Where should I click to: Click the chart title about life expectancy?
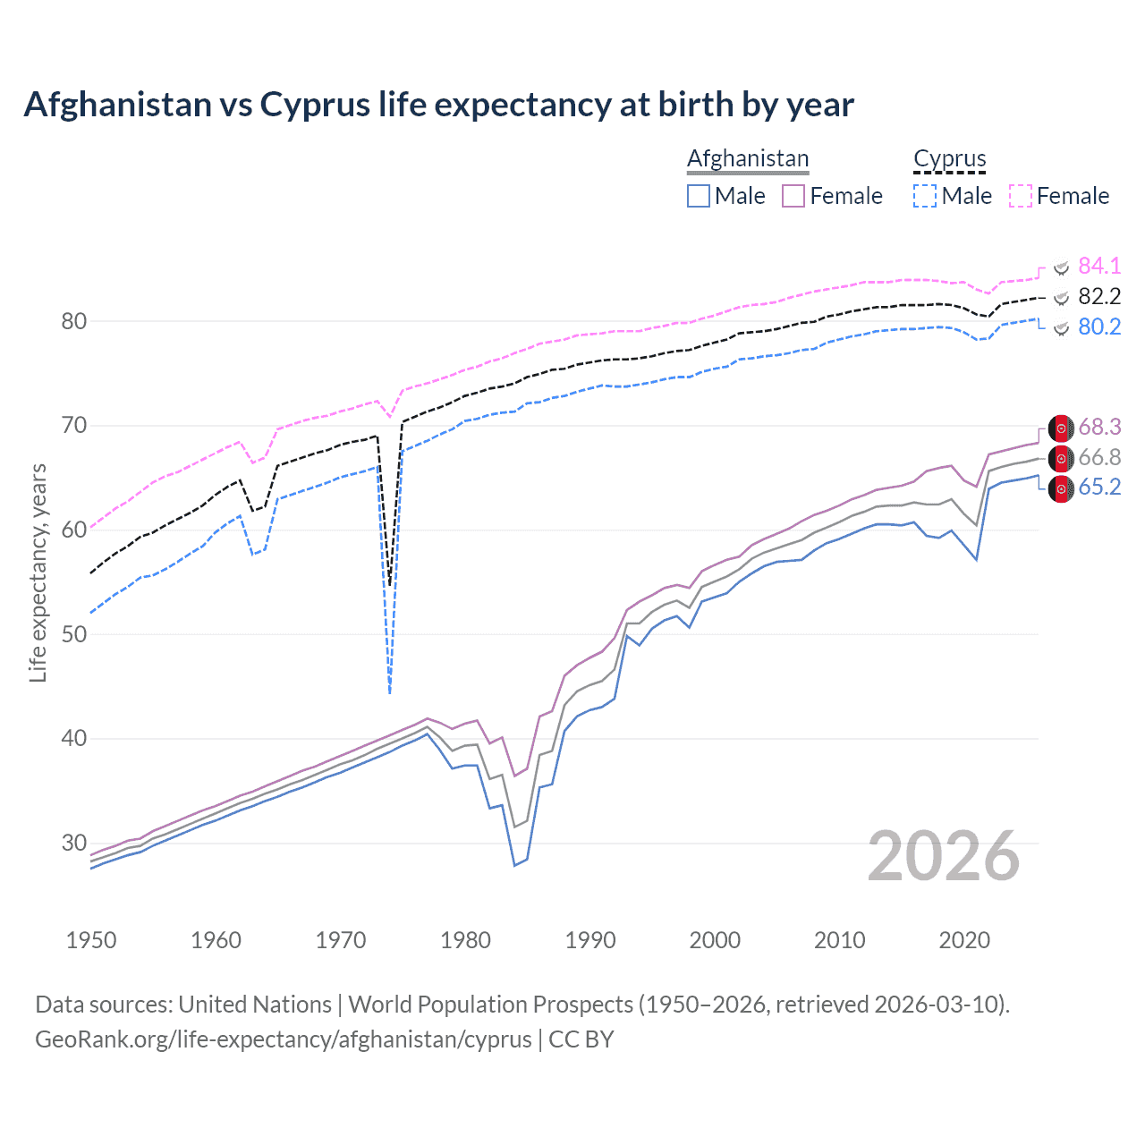pyautogui.click(x=438, y=105)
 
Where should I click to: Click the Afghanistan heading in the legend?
pyautogui.click(x=748, y=158)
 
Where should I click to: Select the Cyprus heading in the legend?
pyautogui.click(x=949, y=158)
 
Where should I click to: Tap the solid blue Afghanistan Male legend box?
pyautogui.click(x=699, y=196)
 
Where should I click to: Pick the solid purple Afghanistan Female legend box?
pyautogui.click(x=793, y=196)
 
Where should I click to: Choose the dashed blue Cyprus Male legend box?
pyautogui.click(x=925, y=196)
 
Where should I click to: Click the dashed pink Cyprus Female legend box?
pyautogui.click(x=1021, y=196)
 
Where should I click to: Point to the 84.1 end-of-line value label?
pyautogui.click(x=1098, y=266)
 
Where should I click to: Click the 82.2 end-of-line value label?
pyautogui.click(x=1098, y=296)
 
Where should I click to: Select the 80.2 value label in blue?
pyautogui.click(x=1098, y=327)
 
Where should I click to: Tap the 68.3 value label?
pyautogui.click(x=1098, y=428)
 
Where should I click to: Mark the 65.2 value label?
pyautogui.click(x=1098, y=487)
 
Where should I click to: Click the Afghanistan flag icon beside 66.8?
pyautogui.click(x=1061, y=458)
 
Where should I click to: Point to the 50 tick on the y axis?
pyautogui.click(x=74, y=634)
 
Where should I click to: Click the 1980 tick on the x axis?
pyautogui.click(x=465, y=940)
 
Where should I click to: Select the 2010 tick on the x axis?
pyautogui.click(x=839, y=940)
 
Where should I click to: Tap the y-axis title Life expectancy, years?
pyautogui.click(x=38, y=572)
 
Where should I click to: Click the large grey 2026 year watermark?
pyautogui.click(x=943, y=856)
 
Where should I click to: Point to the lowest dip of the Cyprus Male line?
pyautogui.click(x=390, y=691)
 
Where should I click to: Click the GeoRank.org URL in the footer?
pyautogui.click(x=283, y=1039)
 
